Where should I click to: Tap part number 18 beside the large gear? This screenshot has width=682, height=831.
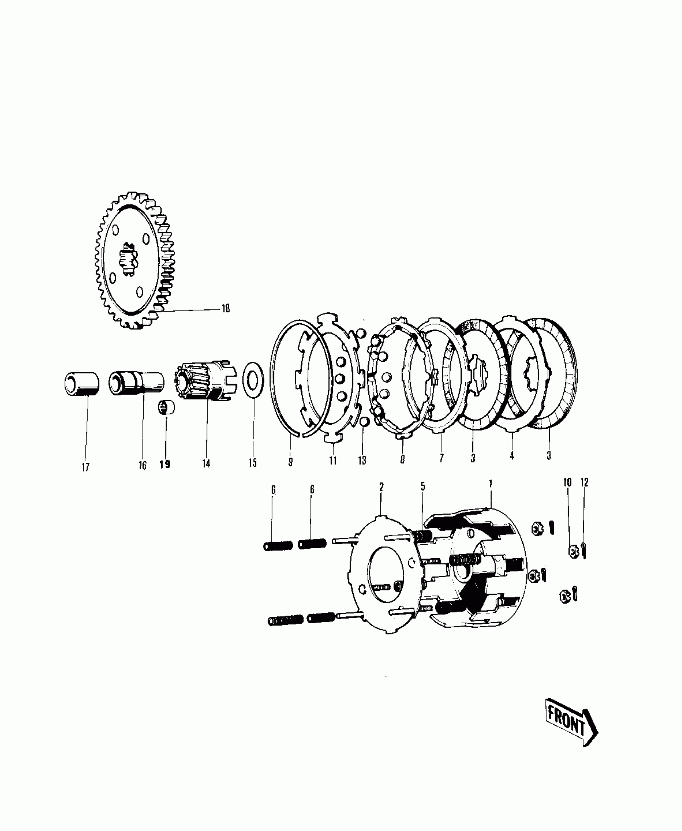(225, 308)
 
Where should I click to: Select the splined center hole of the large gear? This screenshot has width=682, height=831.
(128, 259)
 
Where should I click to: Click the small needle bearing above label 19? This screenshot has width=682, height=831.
(166, 407)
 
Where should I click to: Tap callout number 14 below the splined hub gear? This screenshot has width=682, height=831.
(206, 464)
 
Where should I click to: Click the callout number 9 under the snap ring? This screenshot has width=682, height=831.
(290, 462)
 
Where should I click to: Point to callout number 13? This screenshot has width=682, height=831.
(362, 460)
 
